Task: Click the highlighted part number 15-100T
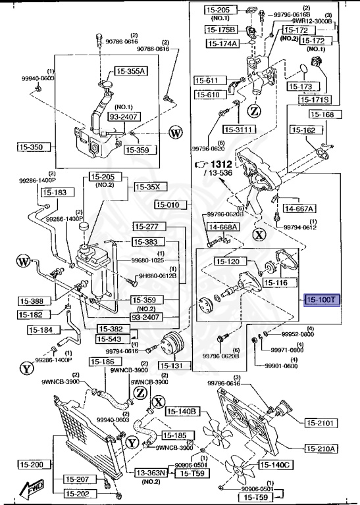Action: pos(321,301)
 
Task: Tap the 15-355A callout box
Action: pos(132,71)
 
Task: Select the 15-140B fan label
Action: pos(182,412)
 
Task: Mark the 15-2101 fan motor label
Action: pos(321,422)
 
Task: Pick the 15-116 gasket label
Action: pos(276,283)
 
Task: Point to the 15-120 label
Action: pos(229,262)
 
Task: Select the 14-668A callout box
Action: pos(223,228)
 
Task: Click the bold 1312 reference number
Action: pos(223,163)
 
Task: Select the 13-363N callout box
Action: pos(152,472)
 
